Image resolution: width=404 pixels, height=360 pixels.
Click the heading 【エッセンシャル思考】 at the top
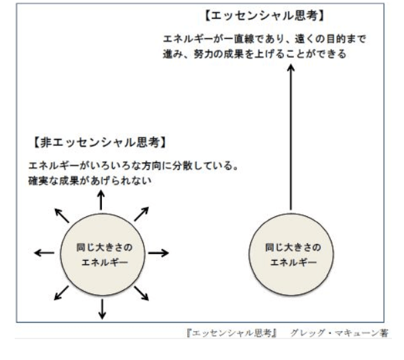pyautogui.click(x=264, y=16)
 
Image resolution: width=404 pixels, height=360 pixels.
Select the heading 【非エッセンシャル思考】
pyautogui.click(x=100, y=142)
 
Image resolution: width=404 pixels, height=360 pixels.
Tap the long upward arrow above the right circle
pyautogui.click(x=291, y=138)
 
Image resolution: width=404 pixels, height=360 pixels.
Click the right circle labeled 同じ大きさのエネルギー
pyautogui.click(x=291, y=255)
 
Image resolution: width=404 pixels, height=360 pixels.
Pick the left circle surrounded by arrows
pyautogui.click(x=103, y=255)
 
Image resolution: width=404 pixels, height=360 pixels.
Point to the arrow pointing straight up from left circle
pyautogui.click(x=101, y=200)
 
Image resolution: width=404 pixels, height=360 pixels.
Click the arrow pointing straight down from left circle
pyautogui.click(x=102, y=309)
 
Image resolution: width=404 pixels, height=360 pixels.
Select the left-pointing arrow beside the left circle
pyautogui.click(x=44, y=253)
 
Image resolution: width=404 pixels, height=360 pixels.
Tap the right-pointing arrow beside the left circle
pyautogui.click(x=158, y=253)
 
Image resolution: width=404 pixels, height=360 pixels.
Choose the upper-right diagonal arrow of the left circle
pyautogui.click(x=142, y=214)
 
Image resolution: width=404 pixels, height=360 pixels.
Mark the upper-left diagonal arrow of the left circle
pyautogui.click(x=62, y=216)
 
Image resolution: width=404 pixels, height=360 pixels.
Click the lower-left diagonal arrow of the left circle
pyautogui.click(x=61, y=293)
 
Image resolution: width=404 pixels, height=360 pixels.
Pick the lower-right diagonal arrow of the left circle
pyautogui.click(x=142, y=294)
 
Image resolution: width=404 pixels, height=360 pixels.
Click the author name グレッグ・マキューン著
pyautogui.click(x=340, y=333)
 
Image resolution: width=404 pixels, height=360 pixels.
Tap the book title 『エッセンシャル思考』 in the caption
pyautogui.click(x=232, y=333)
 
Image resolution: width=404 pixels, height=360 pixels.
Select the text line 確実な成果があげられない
pyautogui.click(x=90, y=181)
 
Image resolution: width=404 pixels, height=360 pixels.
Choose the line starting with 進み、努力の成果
pyautogui.click(x=254, y=54)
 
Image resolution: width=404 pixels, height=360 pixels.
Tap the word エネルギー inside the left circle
pyautogui.click(x=105, y=263)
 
